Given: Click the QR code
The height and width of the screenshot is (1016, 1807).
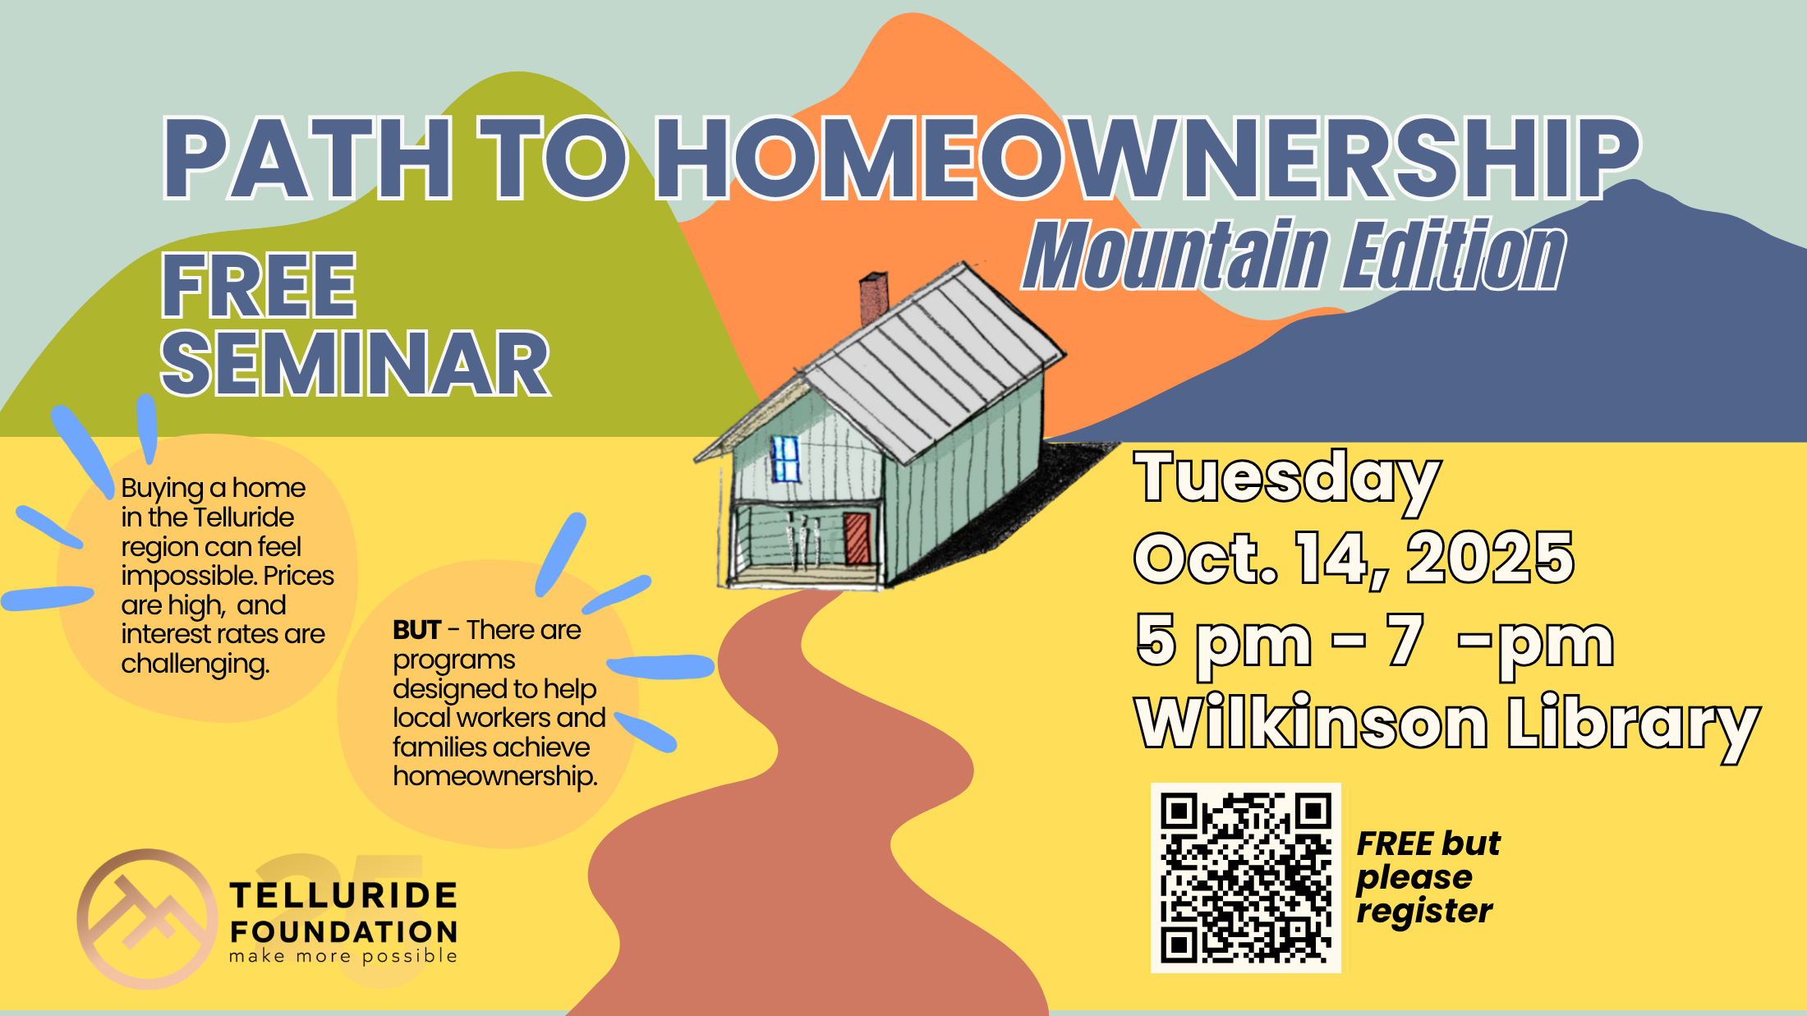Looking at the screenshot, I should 1245,878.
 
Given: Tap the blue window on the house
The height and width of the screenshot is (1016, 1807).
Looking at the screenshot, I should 786,459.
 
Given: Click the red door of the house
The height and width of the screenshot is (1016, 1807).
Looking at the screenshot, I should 856,538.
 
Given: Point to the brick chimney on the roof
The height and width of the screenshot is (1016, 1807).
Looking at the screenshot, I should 873,298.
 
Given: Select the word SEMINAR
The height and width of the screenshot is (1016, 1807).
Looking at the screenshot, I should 355,364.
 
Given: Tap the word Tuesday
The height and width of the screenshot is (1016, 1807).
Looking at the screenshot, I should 1286,478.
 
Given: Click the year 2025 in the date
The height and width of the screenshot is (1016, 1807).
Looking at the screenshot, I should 1490,559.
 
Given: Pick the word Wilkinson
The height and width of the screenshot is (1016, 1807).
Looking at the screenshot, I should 1311,723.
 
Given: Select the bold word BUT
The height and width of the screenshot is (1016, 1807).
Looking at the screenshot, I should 417,630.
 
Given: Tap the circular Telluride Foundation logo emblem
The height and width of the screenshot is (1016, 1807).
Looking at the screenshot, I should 147,918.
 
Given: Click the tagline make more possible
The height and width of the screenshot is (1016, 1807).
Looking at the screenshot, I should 343,956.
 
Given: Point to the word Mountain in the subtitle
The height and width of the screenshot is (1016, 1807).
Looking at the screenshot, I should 1175,256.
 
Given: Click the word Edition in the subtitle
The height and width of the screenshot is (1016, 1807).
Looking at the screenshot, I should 1454,256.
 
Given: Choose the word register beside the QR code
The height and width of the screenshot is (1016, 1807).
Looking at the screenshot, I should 1423,912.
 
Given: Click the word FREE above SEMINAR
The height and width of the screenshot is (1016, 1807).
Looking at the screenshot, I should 259,285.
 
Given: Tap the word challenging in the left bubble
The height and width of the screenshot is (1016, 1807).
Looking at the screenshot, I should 195,664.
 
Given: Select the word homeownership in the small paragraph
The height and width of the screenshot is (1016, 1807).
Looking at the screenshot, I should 495,776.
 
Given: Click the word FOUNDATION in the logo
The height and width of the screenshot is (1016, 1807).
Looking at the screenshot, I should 343,932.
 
